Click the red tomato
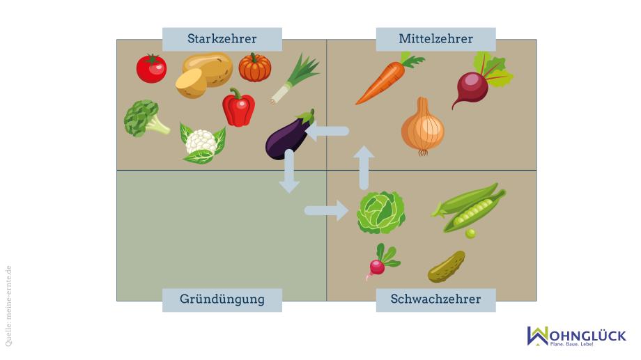point(151,69)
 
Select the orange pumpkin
point(255,68)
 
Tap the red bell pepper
point(239,107)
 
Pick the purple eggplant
point(289,136)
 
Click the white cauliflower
point(201,143)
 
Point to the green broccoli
point(145,118)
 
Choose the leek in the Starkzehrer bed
point(294,79)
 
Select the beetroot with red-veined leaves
point(478,81)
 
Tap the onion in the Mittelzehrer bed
point(423,127)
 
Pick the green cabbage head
point(381,212)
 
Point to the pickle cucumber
point(447,267)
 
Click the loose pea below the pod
point(470,234)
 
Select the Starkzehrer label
point(222,39)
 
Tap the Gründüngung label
point(222,299)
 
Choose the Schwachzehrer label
point(435,299)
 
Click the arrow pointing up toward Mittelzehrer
point(364,168)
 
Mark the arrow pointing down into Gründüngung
point(289,171)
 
